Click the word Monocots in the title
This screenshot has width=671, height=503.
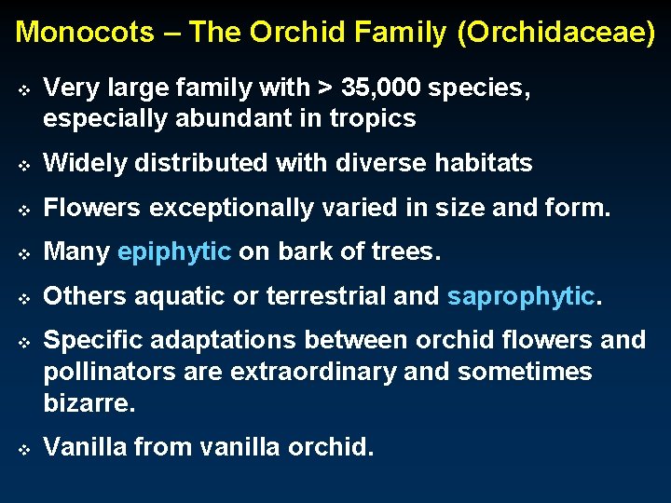85,33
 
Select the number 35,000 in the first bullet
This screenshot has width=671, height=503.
382,88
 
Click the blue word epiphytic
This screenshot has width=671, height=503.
174,252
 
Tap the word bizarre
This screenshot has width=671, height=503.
89,403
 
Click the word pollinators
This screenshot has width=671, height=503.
103,373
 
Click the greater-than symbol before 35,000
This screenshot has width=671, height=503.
324,89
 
